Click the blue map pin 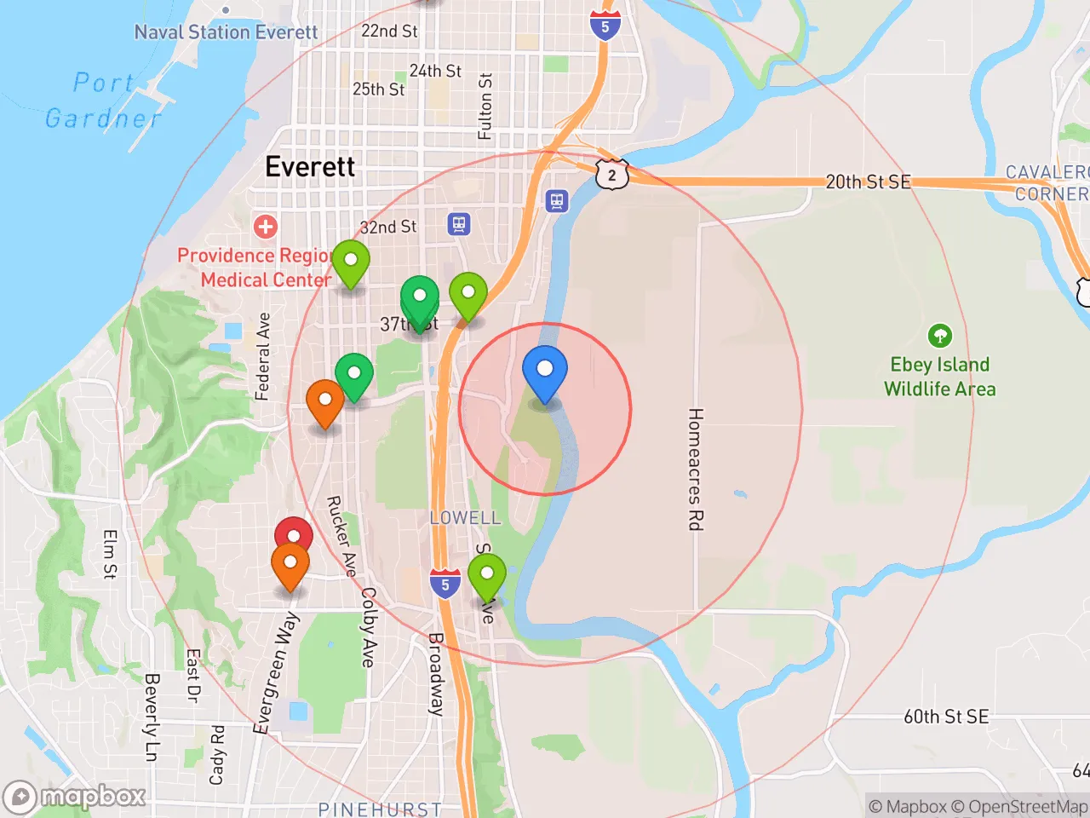point(544,372)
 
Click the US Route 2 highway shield point(611,175)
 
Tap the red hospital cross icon point(266,227)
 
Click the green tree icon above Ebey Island point(939,336)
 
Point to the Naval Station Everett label point(226,32)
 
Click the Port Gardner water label point(103,101)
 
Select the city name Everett point(310,166)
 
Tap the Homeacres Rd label point(695,469)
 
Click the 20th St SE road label point(868,181)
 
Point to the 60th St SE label point(946,717)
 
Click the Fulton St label point(485,107)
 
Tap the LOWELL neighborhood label point(465,517)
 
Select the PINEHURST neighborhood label point(380,809)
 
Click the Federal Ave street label point(263,356)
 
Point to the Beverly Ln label point(152,717)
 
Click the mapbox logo point(75,797)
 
